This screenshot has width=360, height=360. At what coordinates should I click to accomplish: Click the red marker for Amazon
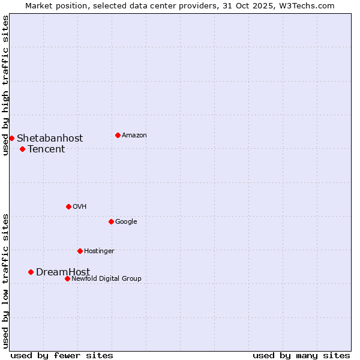pos(118,135)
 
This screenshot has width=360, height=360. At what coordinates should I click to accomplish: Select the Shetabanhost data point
pos(11,138)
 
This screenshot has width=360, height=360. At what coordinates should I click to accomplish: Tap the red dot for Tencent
pos(22,149)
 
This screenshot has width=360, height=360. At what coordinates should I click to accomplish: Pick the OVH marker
pos(68,206)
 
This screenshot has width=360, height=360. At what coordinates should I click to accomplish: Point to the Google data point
pos(111,221)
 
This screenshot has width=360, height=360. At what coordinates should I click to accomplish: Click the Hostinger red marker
pos(80,251)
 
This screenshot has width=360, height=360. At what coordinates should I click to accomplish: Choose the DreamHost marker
pos(31,272)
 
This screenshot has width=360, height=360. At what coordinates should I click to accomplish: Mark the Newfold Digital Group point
pos(67,278)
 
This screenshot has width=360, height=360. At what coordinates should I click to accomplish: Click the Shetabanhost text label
pos(50,139)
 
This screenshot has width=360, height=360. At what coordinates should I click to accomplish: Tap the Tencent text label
pos(46,149)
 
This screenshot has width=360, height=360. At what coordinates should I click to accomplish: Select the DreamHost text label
pos(63,272)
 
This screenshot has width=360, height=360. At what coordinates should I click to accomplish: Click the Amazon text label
pos(134,136)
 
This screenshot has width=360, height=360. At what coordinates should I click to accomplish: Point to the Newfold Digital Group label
pos(107,278)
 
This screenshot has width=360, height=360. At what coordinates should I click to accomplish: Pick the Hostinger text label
pos(99,251)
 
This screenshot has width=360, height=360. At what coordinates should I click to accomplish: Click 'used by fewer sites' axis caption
pos(62,355)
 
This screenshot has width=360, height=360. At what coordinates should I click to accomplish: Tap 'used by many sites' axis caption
pos(301,355)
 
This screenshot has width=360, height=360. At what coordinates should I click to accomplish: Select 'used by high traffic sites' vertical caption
pos(5,85)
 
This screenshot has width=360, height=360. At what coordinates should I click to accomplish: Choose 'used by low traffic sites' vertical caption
pos(5,281)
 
